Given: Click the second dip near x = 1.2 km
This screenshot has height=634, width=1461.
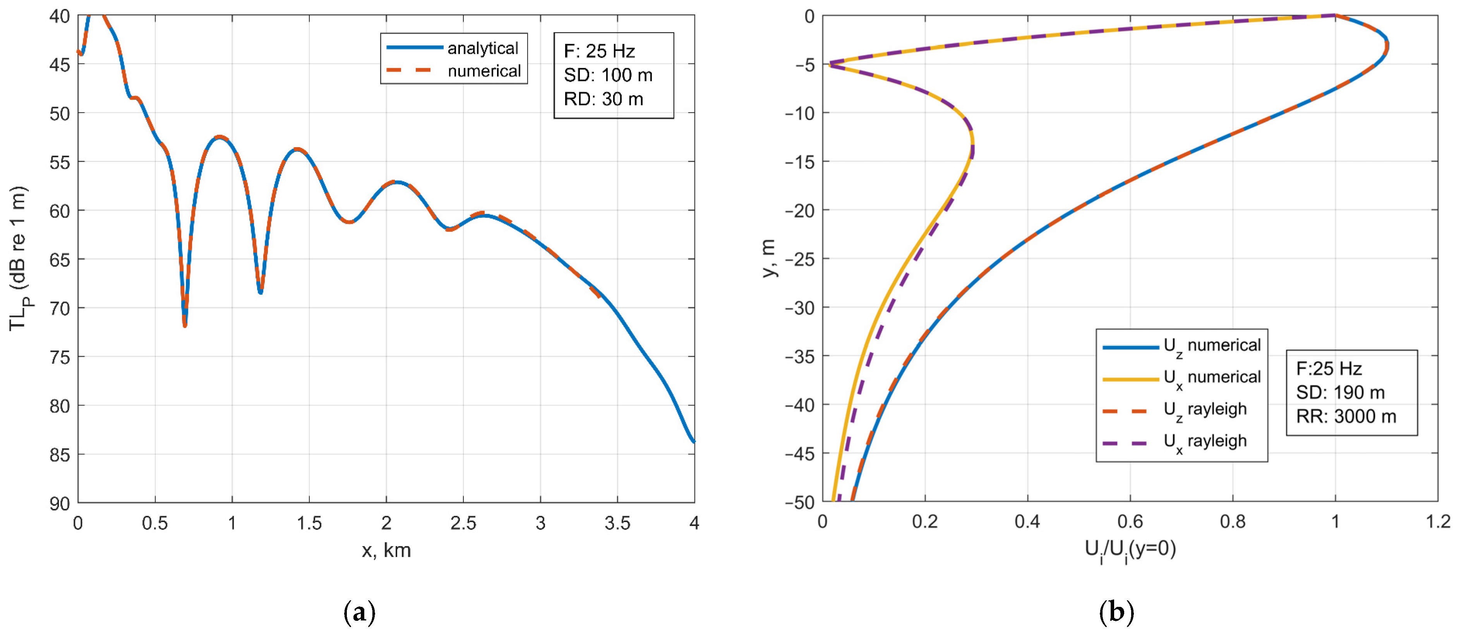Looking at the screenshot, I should coord(260,292).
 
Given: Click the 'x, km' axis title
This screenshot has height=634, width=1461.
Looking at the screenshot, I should coord(386,550).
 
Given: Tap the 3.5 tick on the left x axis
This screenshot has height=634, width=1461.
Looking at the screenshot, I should coord(617,523).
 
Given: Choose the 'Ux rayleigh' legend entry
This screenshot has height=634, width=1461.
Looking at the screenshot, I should coord(1205,442).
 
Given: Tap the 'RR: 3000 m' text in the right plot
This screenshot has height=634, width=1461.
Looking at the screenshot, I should coord(1346,417).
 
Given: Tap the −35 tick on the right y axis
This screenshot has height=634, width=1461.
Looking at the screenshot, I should coord(800,356).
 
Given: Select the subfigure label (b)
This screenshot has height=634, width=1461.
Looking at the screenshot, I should coord(1116,612).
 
